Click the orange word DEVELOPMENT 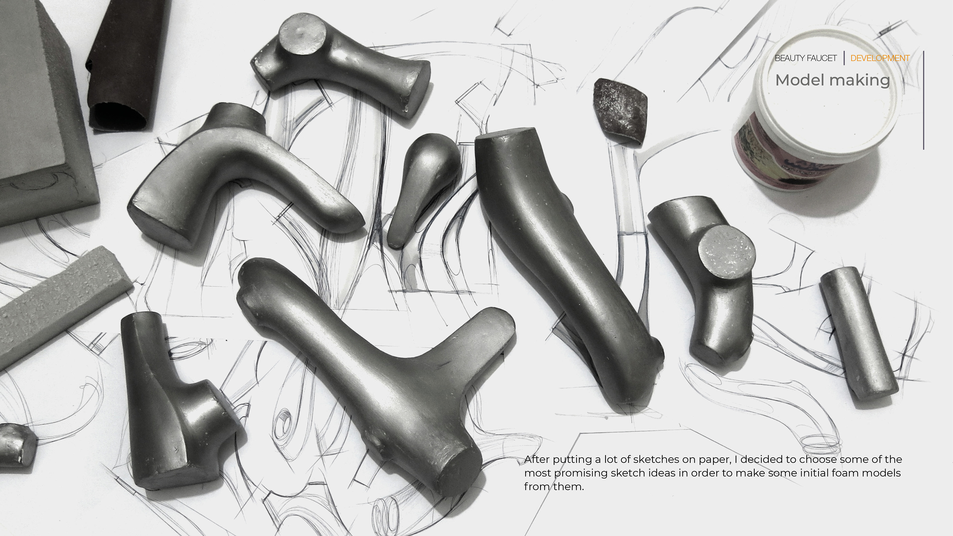(x=880, y=58)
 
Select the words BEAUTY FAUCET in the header (x=805, y=58)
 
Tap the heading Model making (x=833, y=80)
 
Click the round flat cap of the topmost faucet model (x=302, y=34)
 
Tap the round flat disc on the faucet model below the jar (x=727, y=251)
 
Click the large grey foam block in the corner (x=37, y=111)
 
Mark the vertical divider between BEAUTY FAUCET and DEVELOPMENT (x=844, y=58)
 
